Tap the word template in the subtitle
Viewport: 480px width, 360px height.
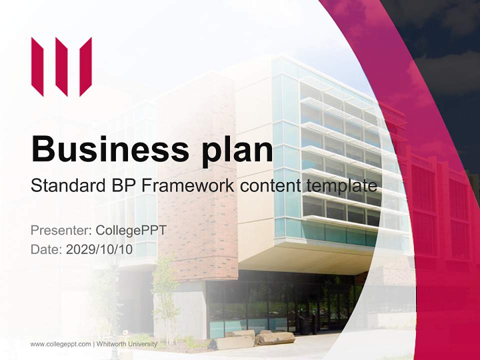tap(341, 186)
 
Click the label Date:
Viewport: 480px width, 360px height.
tap(46, 249)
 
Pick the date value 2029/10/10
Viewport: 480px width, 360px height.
tap(99, 249)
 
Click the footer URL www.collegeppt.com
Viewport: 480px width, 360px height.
tap(60, 344)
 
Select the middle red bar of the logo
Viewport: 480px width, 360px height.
tap(61, 66)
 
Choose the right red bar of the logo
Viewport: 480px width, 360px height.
tap(85, 66)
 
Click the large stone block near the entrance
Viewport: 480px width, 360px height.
tap(275, 338)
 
